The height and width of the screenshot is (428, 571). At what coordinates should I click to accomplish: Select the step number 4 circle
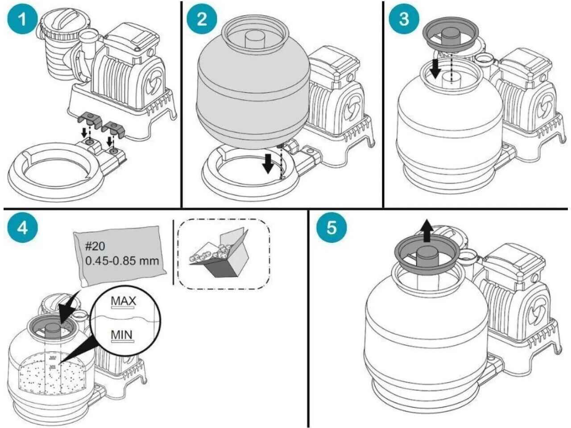click(x=22, y=228)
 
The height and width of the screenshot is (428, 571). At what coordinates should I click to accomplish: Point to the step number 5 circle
click(x=331, y=228)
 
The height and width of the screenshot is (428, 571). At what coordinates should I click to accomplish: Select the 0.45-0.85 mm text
click(x=121, y=260)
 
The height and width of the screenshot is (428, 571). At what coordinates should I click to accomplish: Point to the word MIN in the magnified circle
click(x=123, y=334)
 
